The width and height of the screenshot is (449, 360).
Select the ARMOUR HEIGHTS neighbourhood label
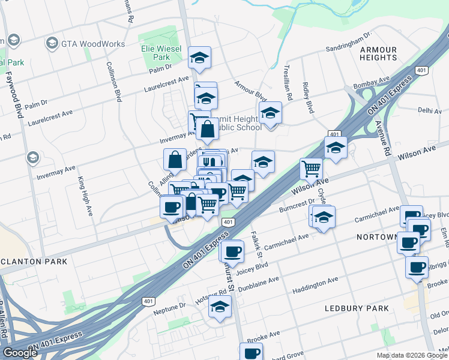point(378,53)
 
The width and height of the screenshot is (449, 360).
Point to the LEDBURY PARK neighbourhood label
point(357,308)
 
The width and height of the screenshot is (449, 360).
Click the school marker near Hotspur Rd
point(220,307)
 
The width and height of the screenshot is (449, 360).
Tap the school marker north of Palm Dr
point(200,58)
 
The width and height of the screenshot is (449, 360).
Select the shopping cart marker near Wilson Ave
point(311,169)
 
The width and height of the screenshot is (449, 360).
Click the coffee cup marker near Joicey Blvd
point(232,250)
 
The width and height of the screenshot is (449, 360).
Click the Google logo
point(20,353)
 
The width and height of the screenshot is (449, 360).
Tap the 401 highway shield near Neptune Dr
point(148,301)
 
